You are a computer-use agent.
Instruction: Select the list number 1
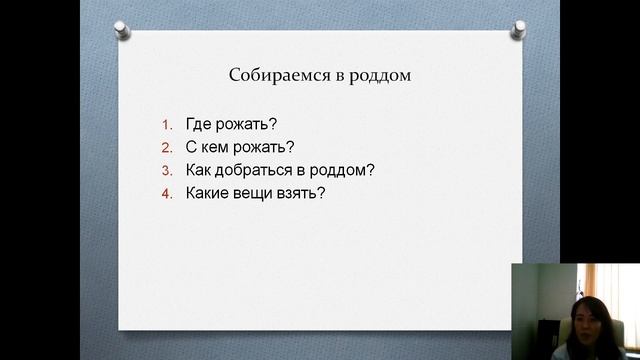[x=168, y=126]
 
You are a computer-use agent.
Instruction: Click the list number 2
[x=168, y=147]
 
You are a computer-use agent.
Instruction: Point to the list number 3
[x=168, y=169]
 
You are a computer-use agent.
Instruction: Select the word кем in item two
[x=214, y=147]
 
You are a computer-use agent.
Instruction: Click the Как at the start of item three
[x=198, y=169]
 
